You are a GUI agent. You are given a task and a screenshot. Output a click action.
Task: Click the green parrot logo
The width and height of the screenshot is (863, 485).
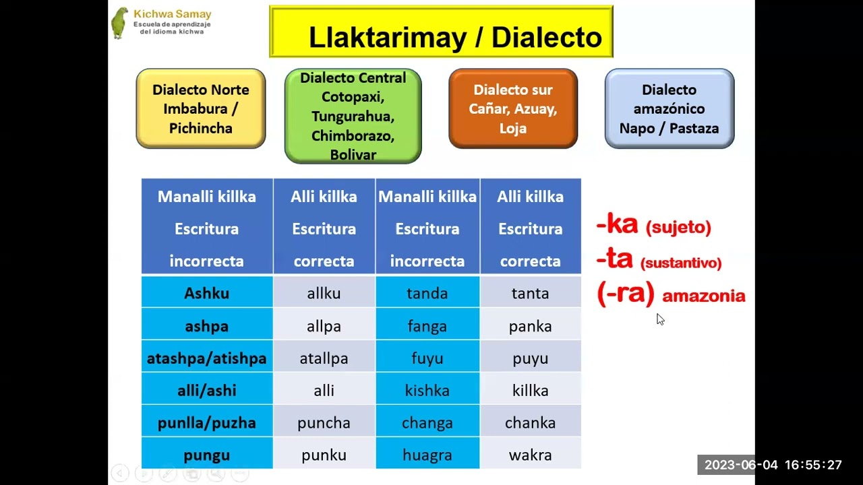(x=120, y=23)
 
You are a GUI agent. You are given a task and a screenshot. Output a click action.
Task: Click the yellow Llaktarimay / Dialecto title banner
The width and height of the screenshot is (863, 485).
(x=441, y=32)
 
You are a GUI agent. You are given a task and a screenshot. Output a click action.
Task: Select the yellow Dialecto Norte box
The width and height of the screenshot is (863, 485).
(x=201, y=108)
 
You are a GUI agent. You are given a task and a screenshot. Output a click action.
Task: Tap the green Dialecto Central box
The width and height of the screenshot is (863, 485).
(x=353, y=116)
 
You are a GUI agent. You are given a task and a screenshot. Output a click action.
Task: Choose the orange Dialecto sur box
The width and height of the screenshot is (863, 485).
(x=513, y=108)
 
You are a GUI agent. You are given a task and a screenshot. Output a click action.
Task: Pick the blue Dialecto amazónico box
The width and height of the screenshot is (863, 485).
(x=669, y=108)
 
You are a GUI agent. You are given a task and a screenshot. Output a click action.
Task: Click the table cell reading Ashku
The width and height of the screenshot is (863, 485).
(x=206, y=294)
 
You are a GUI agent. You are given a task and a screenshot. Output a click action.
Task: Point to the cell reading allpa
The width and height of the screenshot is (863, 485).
(x=324, y=326)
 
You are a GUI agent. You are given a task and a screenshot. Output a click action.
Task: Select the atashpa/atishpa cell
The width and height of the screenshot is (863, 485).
(x=206, y=358)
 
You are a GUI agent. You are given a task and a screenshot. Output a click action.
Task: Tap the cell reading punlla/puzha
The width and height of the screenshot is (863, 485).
(x=206, y=423)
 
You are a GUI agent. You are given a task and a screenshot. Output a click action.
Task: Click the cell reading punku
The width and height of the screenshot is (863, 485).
(x=324, y=455)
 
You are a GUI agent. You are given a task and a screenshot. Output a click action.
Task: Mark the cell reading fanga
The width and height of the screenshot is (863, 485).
(x=427, y=326)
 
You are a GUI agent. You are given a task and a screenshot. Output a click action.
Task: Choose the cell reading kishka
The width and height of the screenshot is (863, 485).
(x=427, y=391)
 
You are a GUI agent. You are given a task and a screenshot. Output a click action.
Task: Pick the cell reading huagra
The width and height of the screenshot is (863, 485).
(x=427, y=455)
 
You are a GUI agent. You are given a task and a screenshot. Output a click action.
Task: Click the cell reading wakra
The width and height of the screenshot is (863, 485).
(x=530, y=455)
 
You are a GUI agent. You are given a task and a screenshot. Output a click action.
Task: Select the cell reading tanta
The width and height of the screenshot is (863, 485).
(x=530, y=294)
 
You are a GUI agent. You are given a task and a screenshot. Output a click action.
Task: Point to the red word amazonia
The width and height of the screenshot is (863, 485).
(x=703, y=296)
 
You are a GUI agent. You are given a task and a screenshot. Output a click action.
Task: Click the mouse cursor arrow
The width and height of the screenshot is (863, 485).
(x=660, y=319)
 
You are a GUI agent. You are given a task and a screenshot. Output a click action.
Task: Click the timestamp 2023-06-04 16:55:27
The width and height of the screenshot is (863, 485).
(x=773, y=465)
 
